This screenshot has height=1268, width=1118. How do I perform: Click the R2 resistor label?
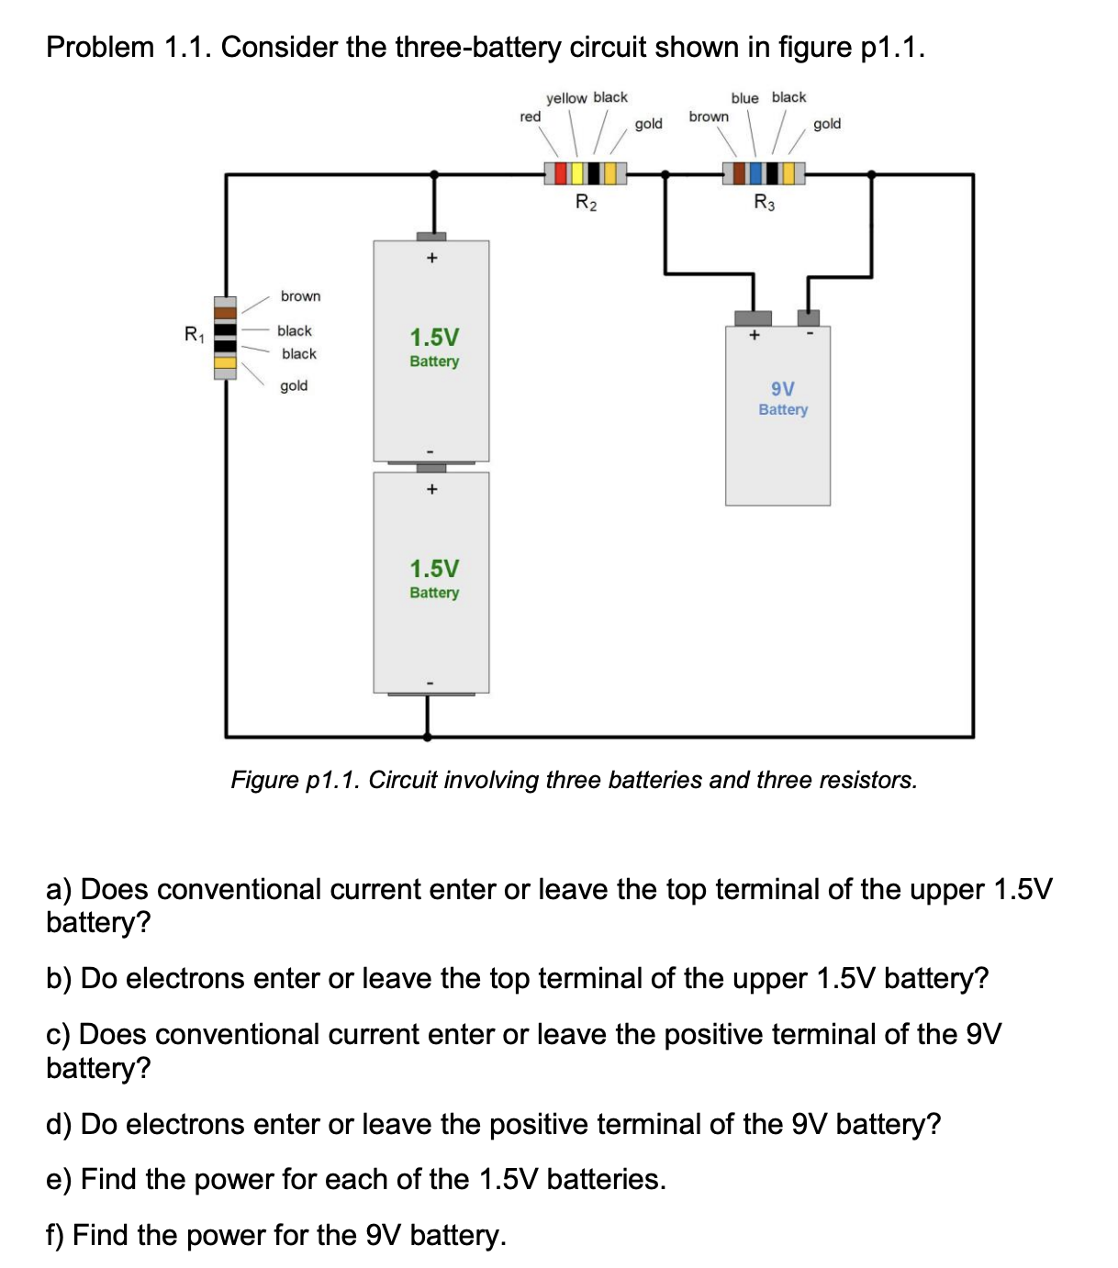tap(586, 203)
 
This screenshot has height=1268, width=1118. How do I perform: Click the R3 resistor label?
tap(764, 203)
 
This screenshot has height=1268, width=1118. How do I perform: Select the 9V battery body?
tap(778, 440)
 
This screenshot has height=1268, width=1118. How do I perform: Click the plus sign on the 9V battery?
tap(754, 336)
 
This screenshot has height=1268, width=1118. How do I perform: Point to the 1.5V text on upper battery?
tap(434, 337)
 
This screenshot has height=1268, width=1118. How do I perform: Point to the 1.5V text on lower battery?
tap(434, 568)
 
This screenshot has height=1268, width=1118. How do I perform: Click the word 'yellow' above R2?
tap(566, 98)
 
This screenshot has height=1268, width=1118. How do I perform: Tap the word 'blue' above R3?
tap(744, 98)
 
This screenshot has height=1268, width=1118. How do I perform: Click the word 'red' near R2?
tap(530, 117)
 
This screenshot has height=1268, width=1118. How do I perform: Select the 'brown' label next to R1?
tap(300, 296)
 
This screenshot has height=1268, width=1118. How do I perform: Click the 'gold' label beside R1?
tap(294, 385)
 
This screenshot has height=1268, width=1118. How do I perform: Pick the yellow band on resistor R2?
tap(577, 172)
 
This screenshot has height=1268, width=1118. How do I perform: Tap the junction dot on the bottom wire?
tap(427, 736)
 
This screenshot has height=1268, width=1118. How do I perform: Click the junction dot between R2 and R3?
tap(665, 172)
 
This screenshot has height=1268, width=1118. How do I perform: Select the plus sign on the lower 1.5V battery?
tap(431, 489)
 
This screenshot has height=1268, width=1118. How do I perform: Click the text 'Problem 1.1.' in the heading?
tap(129, 47)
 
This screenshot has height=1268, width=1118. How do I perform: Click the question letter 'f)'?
tap(56, 1235)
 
